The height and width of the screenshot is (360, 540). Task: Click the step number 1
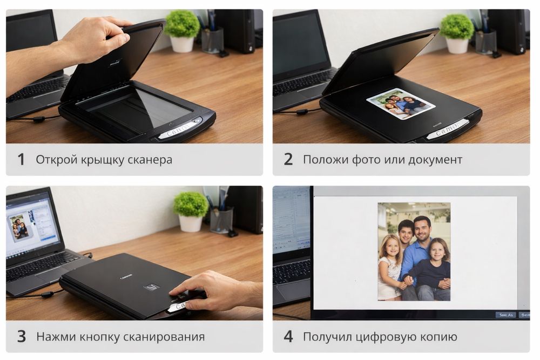(21, 160)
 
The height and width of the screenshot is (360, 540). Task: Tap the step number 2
(288, 160)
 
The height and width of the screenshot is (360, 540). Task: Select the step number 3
(21, 337)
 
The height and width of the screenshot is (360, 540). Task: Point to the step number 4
(288, 337)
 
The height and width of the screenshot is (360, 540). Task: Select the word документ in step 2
(435, 160)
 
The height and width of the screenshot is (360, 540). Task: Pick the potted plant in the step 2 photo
(457, 32)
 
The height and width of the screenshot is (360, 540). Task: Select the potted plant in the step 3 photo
(191, 210)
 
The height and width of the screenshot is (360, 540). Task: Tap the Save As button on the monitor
(505, 315)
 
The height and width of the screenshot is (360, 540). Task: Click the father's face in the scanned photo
(422, 229)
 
